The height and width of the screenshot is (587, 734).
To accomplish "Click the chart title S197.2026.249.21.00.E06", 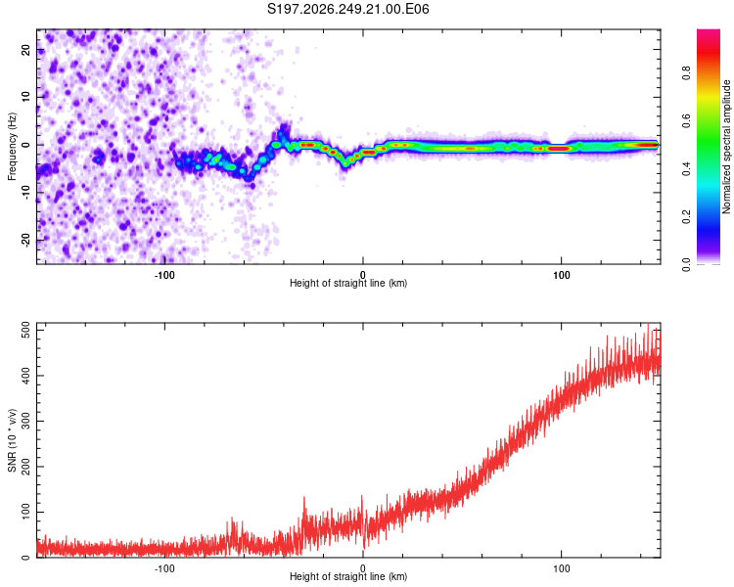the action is coord(347,9).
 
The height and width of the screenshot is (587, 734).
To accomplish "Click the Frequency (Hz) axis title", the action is coord(12,147).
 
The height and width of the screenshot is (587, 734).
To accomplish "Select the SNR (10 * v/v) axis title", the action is coord(12,440).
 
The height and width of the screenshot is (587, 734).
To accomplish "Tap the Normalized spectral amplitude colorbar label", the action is coord(726,147).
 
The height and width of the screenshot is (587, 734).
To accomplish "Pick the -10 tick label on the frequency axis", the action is coord(26,193).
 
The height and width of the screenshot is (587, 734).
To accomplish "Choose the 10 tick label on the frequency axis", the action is coord(26,97).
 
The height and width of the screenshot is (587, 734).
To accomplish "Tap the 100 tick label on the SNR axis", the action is coord(26,512).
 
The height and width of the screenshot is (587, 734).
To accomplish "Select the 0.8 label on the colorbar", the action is coord(686,73).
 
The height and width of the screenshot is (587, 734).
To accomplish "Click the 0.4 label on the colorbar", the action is coord(686,168).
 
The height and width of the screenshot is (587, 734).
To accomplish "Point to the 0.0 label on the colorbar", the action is coord(686,264).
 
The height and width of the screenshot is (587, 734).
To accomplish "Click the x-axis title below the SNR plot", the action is coord(348,576).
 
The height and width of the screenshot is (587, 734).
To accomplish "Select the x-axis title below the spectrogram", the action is coord(348,283).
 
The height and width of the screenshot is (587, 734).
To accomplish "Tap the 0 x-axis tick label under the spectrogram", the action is coord(363,275).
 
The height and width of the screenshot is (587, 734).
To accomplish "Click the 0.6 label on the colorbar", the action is coord(686,120).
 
